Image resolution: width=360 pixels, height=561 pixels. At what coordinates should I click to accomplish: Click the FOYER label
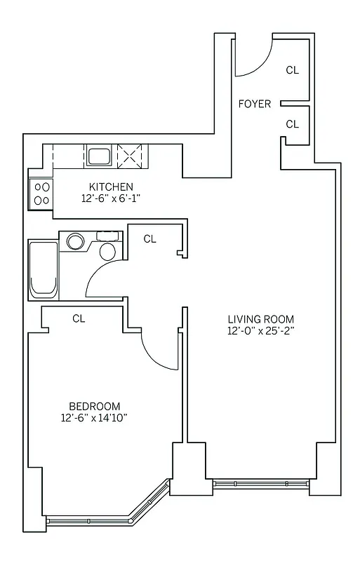click(255, 104)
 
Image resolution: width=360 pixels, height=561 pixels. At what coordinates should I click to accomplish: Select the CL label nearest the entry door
click(293, 70)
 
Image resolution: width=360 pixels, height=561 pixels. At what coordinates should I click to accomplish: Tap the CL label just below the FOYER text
click(293, 124)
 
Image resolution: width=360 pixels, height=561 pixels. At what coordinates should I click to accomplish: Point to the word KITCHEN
click(111, 187)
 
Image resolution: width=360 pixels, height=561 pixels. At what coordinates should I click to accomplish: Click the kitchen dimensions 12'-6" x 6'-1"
click(111, 198)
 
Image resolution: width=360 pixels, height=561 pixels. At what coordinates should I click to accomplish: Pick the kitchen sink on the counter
click(98, 156)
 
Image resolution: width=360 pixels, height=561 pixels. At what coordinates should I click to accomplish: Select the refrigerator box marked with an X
click(129, 155)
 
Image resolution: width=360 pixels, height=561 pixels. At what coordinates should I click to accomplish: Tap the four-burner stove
click(41, 194)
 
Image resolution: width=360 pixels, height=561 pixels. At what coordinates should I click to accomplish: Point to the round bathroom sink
click(74, 242)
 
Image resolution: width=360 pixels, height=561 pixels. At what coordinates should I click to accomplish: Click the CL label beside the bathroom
click(149, 239)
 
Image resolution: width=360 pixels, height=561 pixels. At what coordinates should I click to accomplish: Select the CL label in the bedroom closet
click(79, 318)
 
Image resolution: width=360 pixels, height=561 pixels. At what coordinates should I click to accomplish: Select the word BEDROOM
click(94, 406)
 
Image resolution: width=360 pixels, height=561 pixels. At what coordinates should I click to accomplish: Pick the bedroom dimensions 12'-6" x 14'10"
click(94, 419)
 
